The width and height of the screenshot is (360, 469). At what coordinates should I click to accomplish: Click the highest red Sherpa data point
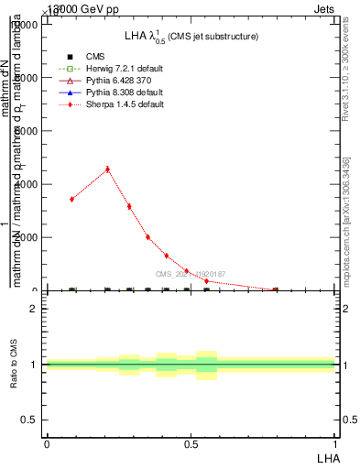108,169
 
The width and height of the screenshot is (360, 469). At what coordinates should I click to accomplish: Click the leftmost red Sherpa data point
71,199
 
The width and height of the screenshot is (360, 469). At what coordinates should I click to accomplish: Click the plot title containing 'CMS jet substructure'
191,36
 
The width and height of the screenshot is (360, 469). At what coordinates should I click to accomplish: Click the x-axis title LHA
327,456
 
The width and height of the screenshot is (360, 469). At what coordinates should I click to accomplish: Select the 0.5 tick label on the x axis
191,442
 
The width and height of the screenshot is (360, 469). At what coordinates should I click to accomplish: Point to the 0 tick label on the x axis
47,442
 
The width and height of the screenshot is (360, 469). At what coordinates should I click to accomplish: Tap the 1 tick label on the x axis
336,442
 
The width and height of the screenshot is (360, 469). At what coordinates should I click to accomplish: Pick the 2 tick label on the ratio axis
34,309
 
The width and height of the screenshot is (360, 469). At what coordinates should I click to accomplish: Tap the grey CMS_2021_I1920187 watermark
190,274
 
